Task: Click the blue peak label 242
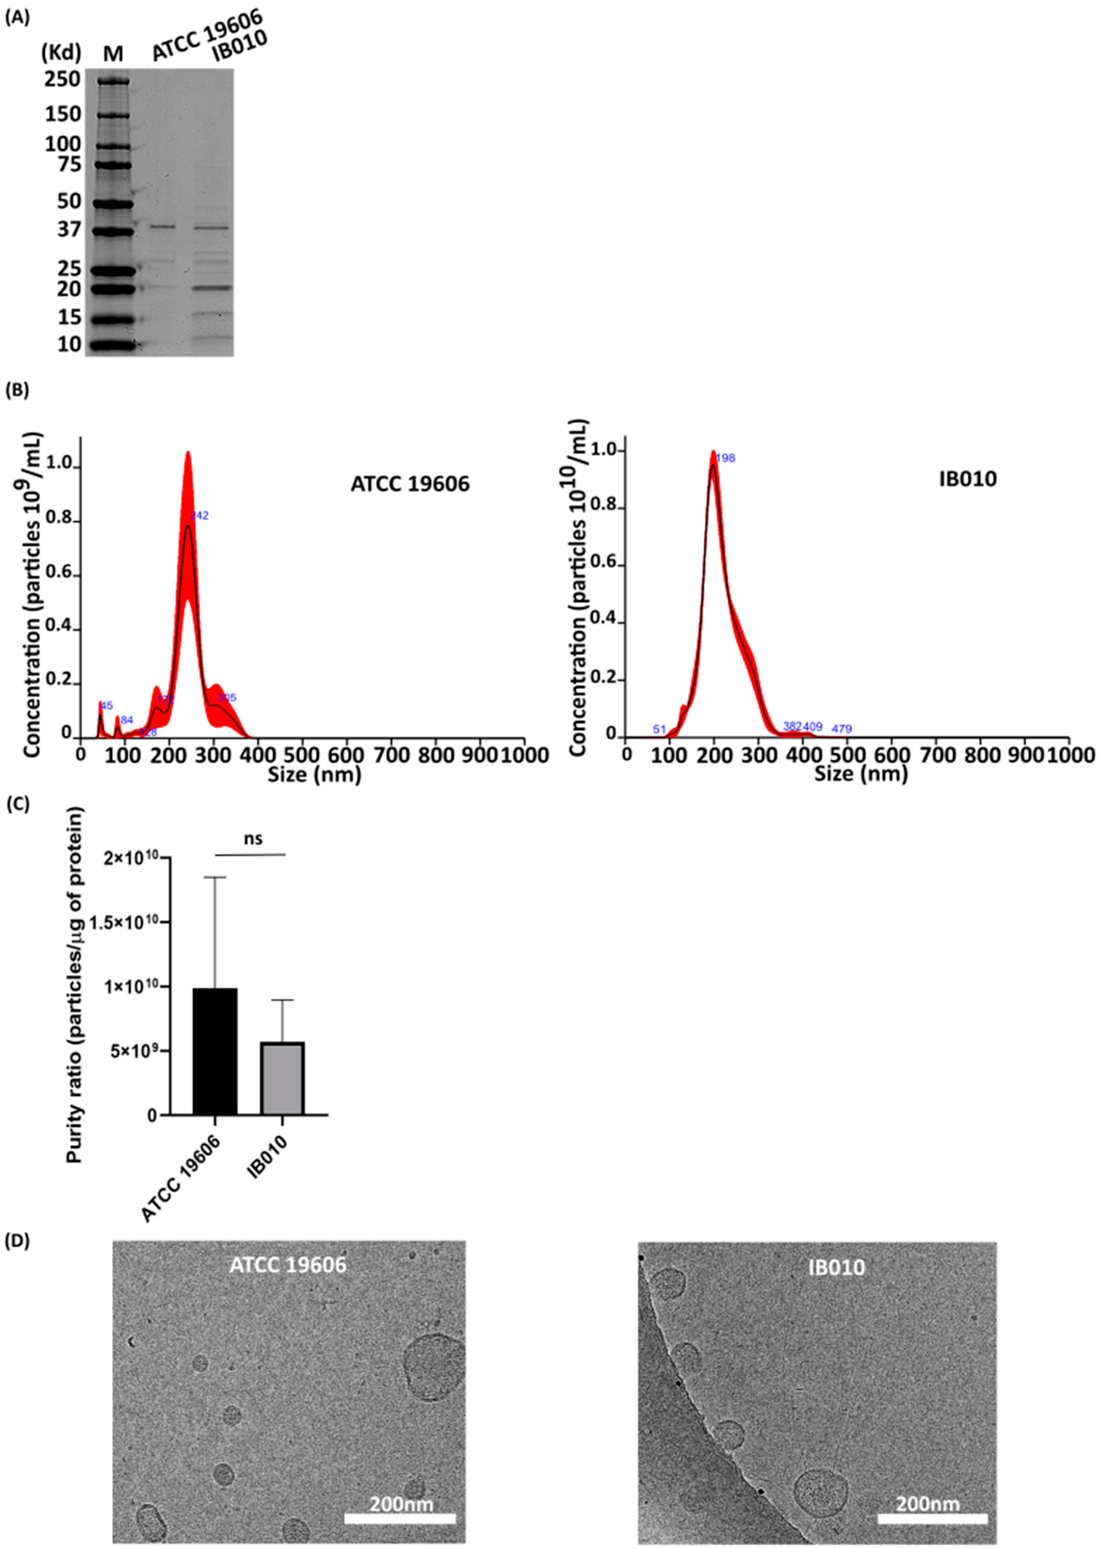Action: [200, 515]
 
